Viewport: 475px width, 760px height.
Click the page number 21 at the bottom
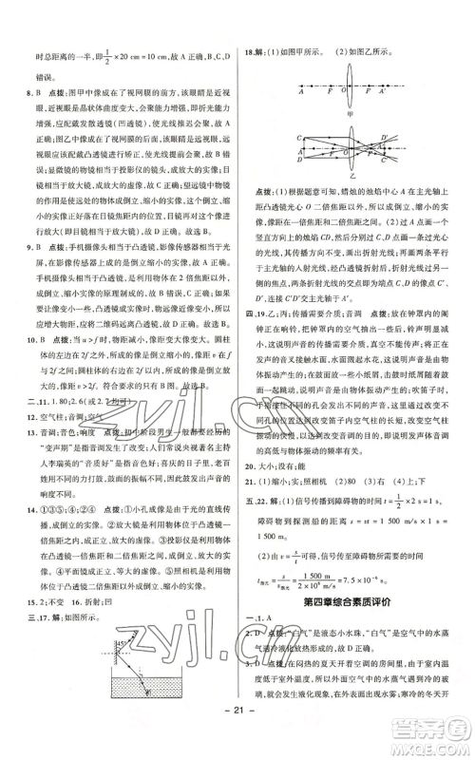coord(237,736)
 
